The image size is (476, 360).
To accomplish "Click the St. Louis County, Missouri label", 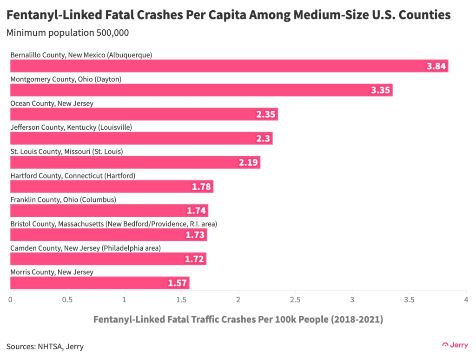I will tap(66, 152).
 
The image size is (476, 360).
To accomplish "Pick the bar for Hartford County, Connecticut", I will tap(112, 187).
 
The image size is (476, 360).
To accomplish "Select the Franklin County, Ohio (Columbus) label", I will tap(63, 200).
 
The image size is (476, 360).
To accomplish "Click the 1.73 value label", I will tap(195, 235).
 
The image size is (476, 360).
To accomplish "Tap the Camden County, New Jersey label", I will tap(86, 248).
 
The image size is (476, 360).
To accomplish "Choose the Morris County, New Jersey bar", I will tap(99, 283).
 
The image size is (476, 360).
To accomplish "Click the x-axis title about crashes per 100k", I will tap(238, 320).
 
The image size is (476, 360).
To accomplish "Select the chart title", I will tap(228, 15).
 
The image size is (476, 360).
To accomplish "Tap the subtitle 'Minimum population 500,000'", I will tap(67, 33).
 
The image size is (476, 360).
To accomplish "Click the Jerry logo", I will tap(456, 345).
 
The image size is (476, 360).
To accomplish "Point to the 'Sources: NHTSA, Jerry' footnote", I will tap(45, 347).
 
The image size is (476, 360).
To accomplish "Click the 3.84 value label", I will tap(436, 66).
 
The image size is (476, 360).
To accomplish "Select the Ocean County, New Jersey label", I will tap(52, 103).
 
